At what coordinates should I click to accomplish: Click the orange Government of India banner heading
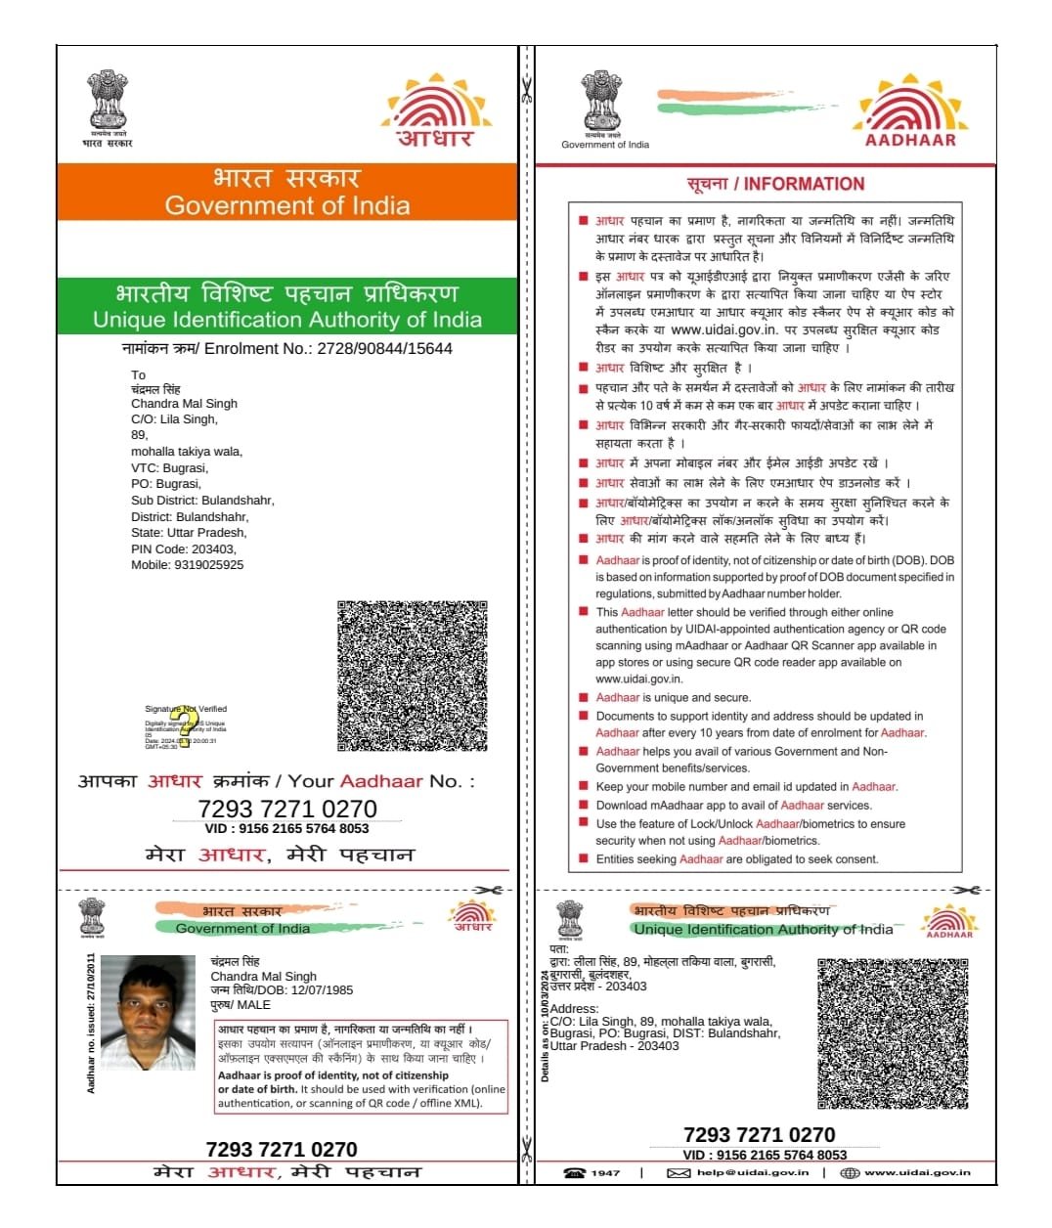(x=286, y=192)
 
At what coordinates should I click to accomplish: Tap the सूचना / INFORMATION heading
(x=775, y=184)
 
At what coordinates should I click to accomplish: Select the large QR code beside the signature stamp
(x=412, y=676)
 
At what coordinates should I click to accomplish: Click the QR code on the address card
(x=893, y=1033)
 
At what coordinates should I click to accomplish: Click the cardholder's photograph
(x=148, y=1012)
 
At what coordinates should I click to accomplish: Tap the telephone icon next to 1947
(x=575, y=1172)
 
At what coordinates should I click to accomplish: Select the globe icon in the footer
(x=850, y=1172)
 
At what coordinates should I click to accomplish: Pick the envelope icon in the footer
(x=679, y=1172)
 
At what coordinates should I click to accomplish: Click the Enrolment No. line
(x=286, y=348)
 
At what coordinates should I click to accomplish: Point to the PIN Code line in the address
(x=183, y=548)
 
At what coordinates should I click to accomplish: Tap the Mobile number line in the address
(x=187, y=564)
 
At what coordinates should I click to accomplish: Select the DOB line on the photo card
(x=282, y=989)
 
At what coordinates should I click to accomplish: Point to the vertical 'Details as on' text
(x=546, y=1025)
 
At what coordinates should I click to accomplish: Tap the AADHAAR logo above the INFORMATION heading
(x=910, y=110)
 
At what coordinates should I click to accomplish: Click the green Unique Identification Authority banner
(x=286, y=306)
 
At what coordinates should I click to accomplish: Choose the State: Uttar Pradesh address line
(x=189, y=532)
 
